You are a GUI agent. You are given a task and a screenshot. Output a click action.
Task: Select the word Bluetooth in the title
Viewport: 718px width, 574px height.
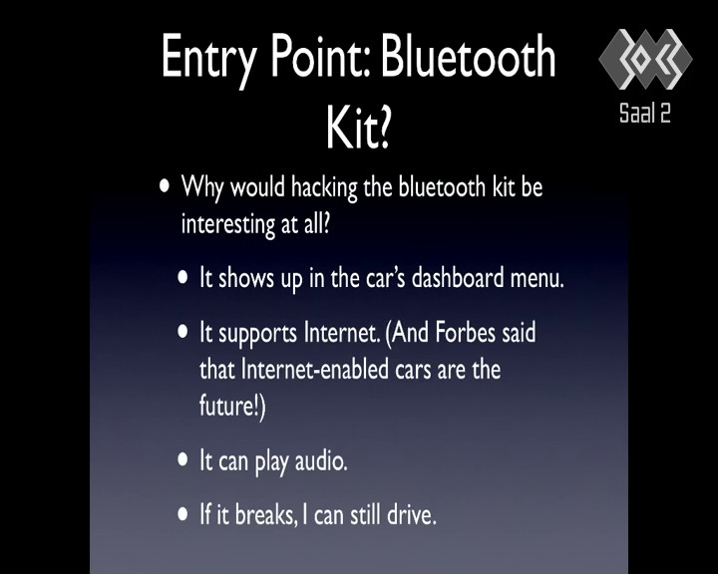(x=468, y=56)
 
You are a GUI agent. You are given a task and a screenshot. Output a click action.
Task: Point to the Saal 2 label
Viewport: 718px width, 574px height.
(x=645, y=113)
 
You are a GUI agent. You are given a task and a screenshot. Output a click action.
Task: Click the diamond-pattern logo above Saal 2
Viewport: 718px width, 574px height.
(x=645, y=59)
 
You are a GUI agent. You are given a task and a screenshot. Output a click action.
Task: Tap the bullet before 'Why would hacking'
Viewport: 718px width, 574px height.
(x=165, y=186)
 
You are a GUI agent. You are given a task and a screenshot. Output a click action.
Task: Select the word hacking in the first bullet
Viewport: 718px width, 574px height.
(x=324, y=187)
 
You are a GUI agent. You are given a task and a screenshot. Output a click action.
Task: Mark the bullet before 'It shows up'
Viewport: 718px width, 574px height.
(x=182, y=277)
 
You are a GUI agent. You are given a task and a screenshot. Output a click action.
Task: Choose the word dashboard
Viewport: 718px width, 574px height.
(x=458, y=278)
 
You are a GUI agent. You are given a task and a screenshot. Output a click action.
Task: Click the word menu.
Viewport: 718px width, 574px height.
(x=537, y=278)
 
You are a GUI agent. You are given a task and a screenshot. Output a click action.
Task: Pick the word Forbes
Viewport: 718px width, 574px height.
(x=466, y=332)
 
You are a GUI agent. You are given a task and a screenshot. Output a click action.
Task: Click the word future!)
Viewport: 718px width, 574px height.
(x=232, y=406)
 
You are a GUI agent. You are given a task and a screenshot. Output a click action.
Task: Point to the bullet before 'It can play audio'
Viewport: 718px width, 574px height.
(x=182, y=459)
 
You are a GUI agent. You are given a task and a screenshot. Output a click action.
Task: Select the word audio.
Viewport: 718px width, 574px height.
(x=321, y=460)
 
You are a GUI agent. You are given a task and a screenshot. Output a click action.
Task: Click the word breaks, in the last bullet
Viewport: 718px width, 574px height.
(x=266, y=514)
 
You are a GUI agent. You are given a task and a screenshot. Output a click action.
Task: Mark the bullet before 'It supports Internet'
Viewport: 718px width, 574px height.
(x=182, y=332)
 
